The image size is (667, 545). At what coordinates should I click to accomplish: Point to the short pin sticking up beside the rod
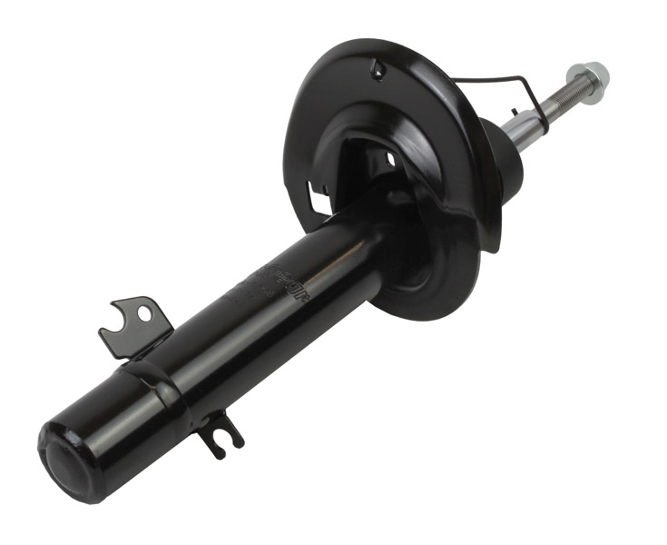pos(515,114)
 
